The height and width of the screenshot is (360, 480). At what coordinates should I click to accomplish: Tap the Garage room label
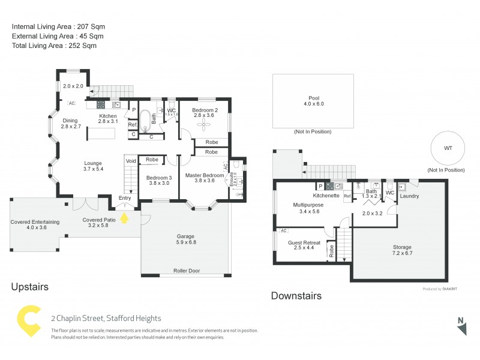pos(185,238)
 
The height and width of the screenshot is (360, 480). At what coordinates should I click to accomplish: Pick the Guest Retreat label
pos(304,246)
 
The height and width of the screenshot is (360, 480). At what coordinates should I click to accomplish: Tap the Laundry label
pos(409,196)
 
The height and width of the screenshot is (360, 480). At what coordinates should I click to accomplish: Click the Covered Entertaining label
pos(35,224)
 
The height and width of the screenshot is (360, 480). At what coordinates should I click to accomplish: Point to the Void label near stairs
pos(130,161)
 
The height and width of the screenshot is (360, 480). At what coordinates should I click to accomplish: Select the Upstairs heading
pos(30,287)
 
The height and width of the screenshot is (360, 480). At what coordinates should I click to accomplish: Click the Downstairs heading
pos(296,296)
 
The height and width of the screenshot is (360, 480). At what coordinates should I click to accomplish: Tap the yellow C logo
pos(28,322)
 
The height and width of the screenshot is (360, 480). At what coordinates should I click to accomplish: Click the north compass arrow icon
pos(461,327)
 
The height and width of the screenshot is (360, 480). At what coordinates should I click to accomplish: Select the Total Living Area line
pos(54,45)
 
